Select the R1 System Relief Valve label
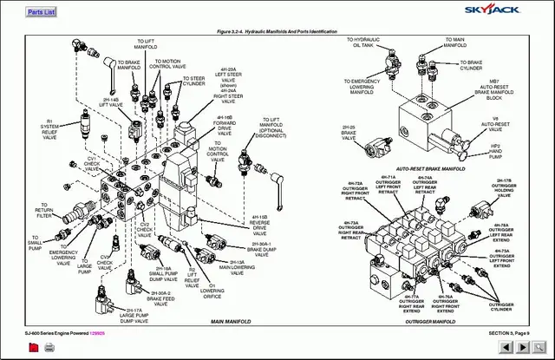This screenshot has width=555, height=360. [x=49, y=129]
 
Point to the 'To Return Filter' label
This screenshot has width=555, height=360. [x=44, y=209]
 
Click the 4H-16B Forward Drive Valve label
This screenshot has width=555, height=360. [x=225, y=126]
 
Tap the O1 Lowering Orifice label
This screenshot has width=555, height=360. [x=212, y=290]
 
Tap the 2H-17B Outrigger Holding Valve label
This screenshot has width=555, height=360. [x=507, y=189]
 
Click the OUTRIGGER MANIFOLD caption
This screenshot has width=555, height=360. [x=431, y=322]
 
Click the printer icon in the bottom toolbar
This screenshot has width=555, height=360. [x=49, y=348]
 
